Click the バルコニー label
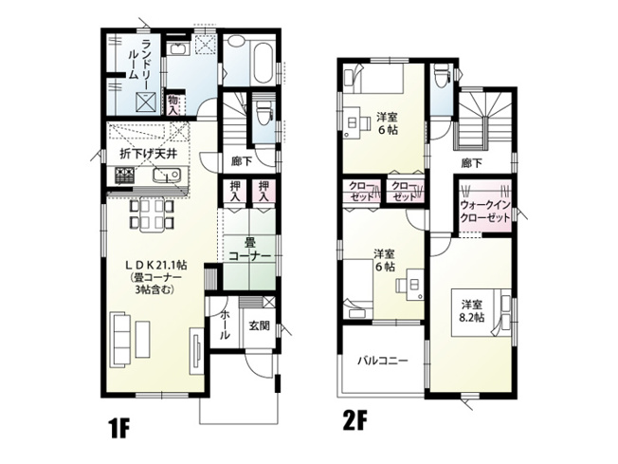click(x=383, y=361)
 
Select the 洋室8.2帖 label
click(x=473, y=310)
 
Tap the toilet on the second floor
click(x=440, y=77)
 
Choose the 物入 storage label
click(x=174, y=102)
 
